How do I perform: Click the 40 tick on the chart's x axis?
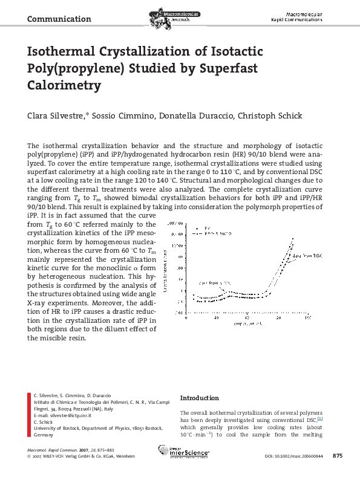click(x=216, y=317)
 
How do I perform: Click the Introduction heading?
click(x=199, y=398)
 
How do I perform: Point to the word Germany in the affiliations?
click(x=44, y=435)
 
